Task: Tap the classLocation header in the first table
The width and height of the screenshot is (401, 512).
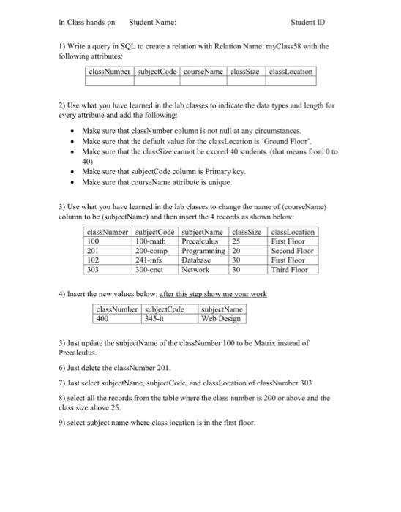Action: (x=291, y=72)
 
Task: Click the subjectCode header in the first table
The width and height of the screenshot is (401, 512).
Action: (x=157, y=72)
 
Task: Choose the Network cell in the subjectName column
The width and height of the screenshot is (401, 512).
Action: (x=195, y=269)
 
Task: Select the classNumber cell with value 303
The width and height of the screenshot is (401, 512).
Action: (x=93, y=269)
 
